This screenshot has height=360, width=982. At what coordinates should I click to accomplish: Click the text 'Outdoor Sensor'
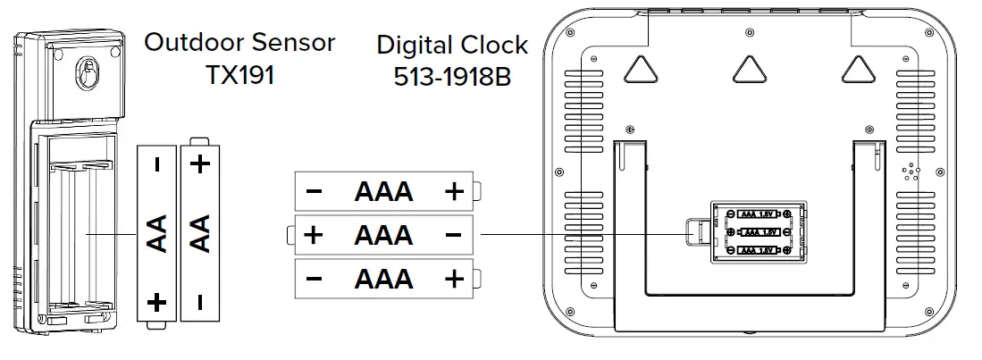239,42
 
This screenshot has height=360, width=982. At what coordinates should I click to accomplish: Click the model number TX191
239,74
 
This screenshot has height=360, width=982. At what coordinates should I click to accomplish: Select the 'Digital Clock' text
451,45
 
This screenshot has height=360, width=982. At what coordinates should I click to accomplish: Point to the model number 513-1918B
451,77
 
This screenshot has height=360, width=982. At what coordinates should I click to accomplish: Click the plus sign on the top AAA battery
454,191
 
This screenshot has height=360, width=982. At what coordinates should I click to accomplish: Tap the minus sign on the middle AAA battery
453,235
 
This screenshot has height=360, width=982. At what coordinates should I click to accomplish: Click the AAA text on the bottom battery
383,279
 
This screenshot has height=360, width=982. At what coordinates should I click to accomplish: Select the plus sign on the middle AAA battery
313,235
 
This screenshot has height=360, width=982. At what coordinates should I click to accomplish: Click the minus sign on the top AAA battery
314,191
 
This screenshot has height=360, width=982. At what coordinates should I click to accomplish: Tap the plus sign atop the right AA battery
200,163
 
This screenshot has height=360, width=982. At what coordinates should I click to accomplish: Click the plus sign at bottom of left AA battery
157,302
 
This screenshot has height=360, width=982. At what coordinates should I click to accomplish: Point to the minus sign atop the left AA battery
157,164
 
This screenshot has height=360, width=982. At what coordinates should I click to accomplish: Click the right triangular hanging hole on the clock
857,69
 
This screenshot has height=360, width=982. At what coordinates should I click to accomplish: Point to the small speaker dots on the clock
911,172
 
